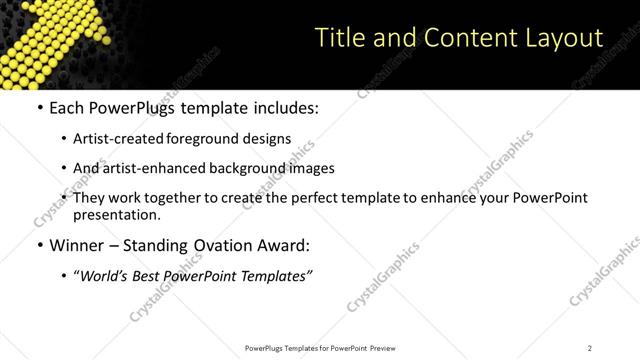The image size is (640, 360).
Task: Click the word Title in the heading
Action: click(340, 38)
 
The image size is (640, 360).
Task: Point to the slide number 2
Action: click(590, 348)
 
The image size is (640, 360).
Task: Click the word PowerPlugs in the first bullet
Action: click(133, 108)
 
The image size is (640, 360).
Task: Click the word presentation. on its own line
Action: click(116, 214)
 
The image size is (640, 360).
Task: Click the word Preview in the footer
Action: click(387, 348)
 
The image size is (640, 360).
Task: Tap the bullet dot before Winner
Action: click(39, 245)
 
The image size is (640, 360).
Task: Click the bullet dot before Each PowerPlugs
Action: click(39, 108)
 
